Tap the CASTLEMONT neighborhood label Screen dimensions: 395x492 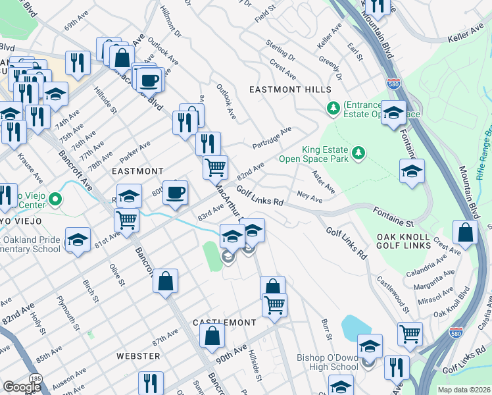(x=224, y=323)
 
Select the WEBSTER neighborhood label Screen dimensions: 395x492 (x=138, y=355)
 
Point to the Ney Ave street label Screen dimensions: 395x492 (x=309, y=196)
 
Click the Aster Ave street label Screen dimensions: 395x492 (x=324, y=182)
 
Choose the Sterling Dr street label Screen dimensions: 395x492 (x=281, y=51)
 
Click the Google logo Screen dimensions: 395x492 (x=22, y=387)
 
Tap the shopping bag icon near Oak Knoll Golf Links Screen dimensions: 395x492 (x=466, y=232)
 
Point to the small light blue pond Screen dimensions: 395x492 (x=355, y=326)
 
